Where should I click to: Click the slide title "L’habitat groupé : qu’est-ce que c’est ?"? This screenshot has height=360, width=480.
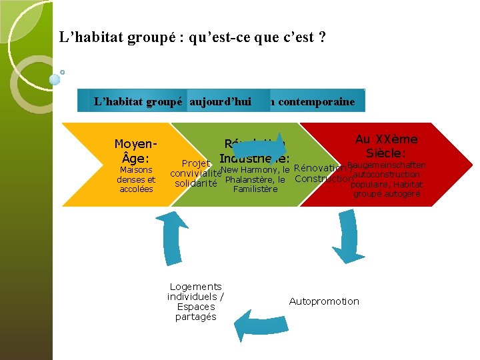pyautogui.click(x=193, y=37)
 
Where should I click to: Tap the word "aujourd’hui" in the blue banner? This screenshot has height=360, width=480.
pyautogui.click(x=220, y=102)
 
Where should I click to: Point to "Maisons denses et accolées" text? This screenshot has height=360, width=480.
pyautogui.click(x=136, y=179)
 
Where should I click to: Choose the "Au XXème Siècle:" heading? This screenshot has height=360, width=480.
pyautogui.click(x=386, y=146)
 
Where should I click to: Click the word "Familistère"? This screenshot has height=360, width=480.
pyautogui.click(x=255, y=189)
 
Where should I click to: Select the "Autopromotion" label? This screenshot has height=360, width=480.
pyautogui.click(x=324, y=301)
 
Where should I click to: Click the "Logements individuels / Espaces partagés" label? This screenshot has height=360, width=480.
pyautogui.click(x=195, y=302)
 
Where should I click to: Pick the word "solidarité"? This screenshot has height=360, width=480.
pyautogui.click(x=196, y=183)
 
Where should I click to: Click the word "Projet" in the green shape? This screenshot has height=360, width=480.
pyautogui.click(x=196, y=164)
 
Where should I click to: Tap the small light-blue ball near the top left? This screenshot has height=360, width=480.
pyautogui.click(x=55, y=79)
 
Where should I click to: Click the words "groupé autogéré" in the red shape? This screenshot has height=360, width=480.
pyautogui.click(x=387, y=194)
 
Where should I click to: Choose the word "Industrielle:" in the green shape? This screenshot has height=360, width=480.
pyautogui.click(x=254, y=159)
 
